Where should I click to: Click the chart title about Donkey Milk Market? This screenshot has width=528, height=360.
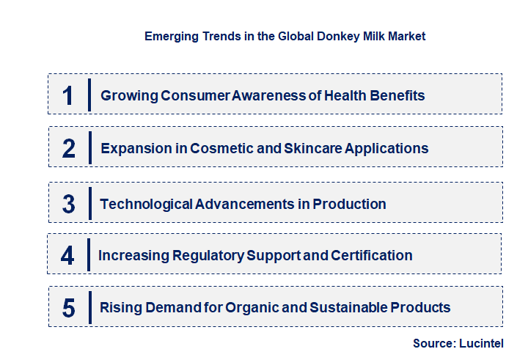tap(285, 35)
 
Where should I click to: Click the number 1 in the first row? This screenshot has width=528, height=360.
tap(68, 95)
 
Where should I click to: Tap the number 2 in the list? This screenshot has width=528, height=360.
tap(69, 149)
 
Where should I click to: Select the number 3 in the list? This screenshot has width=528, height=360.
tap(69, 204)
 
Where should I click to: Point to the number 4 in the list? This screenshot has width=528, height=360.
tap(68, 256)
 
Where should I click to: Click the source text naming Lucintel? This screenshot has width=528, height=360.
tap(458, 343)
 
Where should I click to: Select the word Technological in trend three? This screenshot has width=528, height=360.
tap(146, 203)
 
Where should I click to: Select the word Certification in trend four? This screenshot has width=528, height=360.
tap(372, 255)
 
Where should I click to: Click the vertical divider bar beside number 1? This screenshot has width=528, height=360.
tap(89, 95)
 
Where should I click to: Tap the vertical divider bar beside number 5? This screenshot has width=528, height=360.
tap(89, 306)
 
